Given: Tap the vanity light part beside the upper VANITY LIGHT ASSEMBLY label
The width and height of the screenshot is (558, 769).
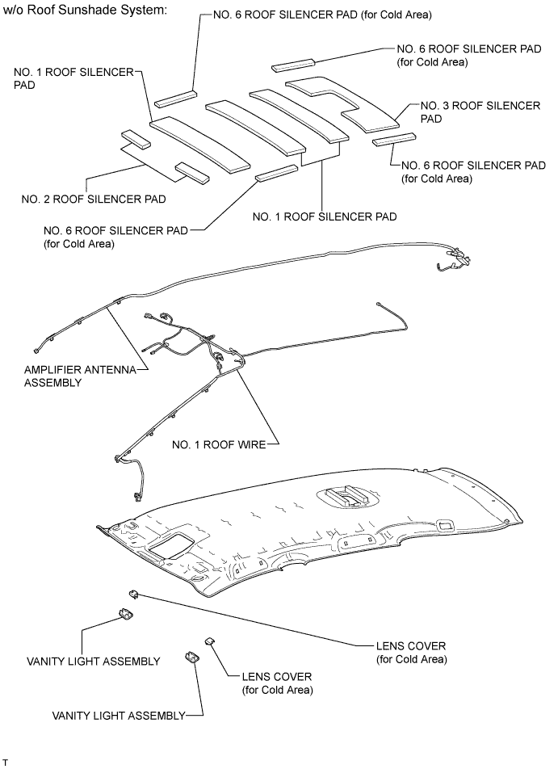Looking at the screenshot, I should [126, 616].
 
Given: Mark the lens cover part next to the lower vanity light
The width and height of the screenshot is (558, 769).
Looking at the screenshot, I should [210, 641].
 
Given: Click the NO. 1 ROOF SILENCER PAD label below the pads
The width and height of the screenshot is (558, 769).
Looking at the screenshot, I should [324, 216].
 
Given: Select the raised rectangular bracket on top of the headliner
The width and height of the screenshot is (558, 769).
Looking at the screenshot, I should [346, 494].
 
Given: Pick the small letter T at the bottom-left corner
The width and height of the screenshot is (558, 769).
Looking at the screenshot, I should [5, 763].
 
